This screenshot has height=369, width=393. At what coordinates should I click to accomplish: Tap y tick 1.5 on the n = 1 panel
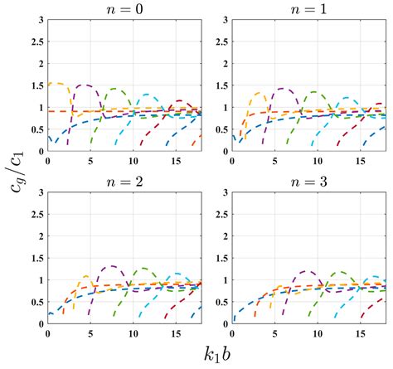click(x=221, y=85)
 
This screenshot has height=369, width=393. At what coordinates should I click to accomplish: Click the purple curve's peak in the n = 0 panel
click(x=83, y=85)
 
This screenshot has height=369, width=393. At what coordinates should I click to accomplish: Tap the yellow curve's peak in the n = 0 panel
click(x=56, y=83)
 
